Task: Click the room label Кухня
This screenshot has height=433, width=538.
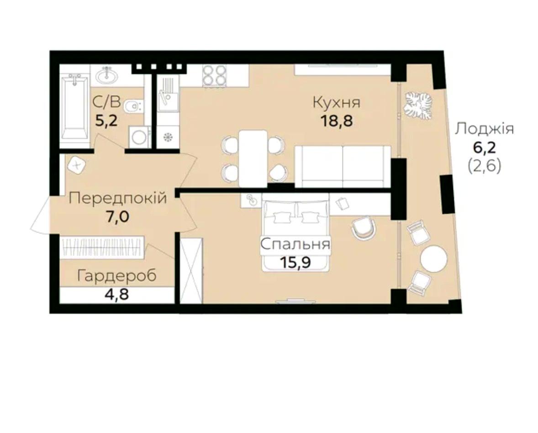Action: click(337, 103)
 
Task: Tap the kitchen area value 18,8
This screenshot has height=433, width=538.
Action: click(336, 121)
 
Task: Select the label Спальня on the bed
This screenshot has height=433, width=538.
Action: click(295, 244)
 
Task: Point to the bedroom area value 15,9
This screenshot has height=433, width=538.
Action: click(295, 263)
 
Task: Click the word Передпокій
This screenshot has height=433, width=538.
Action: click(118, 198)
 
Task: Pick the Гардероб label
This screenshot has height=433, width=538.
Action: click(117, 276)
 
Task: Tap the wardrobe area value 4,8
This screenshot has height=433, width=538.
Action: click(117, 295)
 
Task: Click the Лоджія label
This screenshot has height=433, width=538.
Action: click(485, 130)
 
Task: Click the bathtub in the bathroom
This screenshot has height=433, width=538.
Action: click(75, 107)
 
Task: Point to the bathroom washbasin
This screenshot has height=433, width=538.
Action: click(107, 75)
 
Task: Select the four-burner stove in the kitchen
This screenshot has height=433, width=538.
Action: click(214, 75)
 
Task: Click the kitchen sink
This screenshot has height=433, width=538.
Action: click(168, 93)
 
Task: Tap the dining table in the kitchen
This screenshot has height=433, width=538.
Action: click(253, 158)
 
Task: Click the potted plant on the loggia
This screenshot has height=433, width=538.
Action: click(417, 105)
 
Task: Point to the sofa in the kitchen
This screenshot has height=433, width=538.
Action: click(343, 167)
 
